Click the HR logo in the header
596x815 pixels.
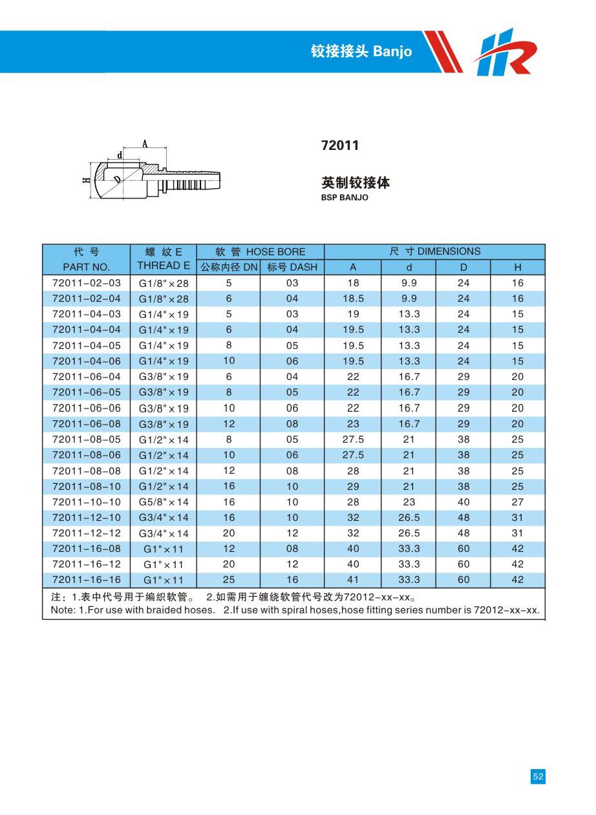[505, 52]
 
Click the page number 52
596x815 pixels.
[538, 776]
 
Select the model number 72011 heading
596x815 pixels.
[339, 145]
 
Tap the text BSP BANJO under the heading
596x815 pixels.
[345, 198]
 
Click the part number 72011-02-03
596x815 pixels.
[86, 283]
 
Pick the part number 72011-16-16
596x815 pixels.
[86, 580]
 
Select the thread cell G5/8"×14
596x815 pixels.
[164, 502]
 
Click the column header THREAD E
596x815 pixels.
[164, 266]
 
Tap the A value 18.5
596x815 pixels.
[353, 299]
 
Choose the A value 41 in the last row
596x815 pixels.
[353, 580]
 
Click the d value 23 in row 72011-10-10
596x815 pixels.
[409, 502]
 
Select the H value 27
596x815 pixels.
[518, 502]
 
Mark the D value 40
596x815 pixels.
[463, 502]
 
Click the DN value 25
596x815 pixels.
[229, 580]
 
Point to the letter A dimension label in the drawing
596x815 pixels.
[145, 143]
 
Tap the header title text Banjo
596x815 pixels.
[392, 52]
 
